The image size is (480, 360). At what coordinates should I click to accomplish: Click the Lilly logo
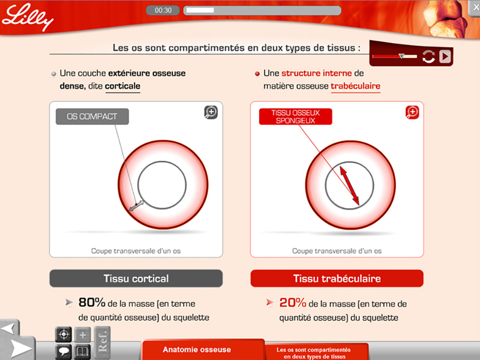pos(28,17)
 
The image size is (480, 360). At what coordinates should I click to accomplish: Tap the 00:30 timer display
pos(163,10)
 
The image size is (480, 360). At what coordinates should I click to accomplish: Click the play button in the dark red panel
pos(445,57)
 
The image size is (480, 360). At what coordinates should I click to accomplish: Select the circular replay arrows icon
pos(428,57)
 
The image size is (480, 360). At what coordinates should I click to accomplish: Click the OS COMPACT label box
pos(92,117)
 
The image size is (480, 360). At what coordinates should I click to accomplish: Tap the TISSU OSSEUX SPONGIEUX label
pos(295,117)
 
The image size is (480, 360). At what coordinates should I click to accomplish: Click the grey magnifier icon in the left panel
pos(211,112)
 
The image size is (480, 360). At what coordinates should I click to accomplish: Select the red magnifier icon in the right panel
pos(412,112)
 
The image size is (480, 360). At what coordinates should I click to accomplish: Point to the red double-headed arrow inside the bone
pos(349,186)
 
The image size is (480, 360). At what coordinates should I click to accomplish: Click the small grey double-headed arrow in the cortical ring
pos(136,206)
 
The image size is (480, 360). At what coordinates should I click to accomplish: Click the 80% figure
pos(92,302)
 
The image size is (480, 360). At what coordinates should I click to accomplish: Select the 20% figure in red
pos(292,302)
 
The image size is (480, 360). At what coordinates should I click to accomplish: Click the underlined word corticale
pos(122,86)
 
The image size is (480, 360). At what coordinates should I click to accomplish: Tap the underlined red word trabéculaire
pos(355,86)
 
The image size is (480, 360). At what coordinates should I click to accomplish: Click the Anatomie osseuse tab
pos(197,350)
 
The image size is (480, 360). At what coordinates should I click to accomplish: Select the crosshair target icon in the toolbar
pos(63,334)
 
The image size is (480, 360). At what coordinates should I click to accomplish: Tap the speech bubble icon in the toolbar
pos(63,351)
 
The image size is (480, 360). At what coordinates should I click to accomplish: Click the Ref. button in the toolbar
pos(102,342)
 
